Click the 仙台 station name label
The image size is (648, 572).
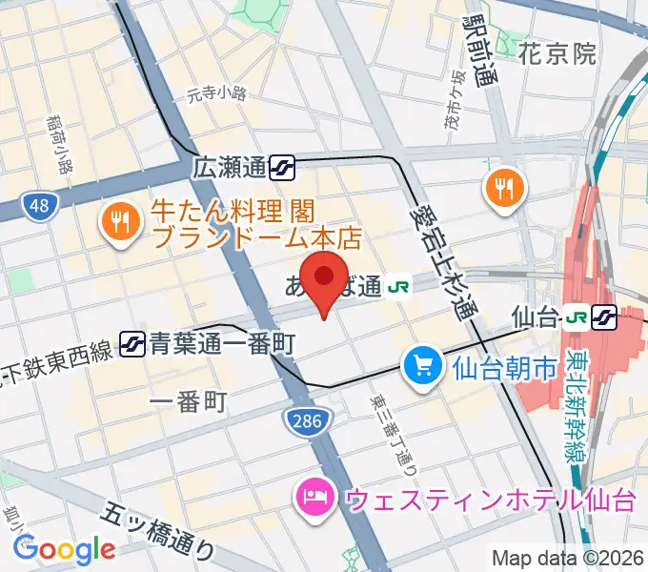534,315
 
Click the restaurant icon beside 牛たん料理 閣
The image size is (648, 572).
121,222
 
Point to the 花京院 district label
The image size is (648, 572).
557,54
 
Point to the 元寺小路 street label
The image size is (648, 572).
216,93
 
